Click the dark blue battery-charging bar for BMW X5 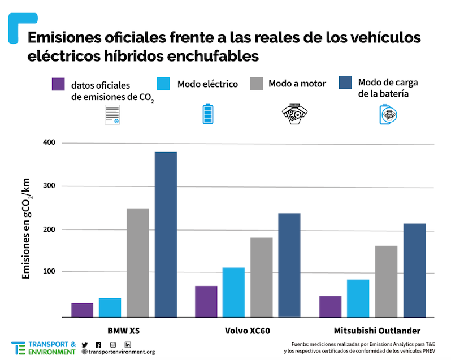coord(166,235)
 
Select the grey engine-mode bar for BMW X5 coord(137,263)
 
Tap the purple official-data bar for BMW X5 coord(82,310)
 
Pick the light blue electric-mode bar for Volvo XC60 coord(233,292)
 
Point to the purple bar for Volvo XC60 coord(206,301)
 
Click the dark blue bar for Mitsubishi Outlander coord(414,270)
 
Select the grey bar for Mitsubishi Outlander coord(386,281)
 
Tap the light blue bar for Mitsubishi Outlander coord(358,298)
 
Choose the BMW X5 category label coord(124,330)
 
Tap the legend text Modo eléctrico coord(207,84)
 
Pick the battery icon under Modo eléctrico coord(209,114)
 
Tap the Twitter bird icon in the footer coord(85,345)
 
